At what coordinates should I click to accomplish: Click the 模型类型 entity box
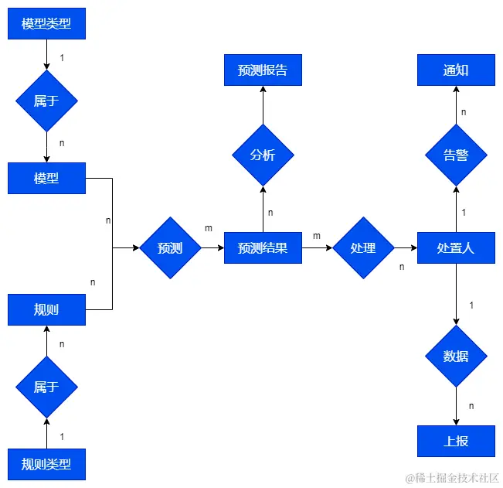(x=46, y=23)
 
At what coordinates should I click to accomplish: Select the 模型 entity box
(x=46, y=178)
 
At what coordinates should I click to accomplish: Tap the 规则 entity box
(x=46, y=309)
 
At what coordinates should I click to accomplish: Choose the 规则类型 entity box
(x=46, y=464)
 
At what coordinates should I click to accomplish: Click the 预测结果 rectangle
(x=263, y=247)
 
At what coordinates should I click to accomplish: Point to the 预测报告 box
(x=263, y=70)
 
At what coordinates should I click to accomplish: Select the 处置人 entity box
(x=456, y=247)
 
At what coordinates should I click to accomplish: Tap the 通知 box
(x=456, y=70)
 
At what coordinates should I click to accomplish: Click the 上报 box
(x=456, y=441)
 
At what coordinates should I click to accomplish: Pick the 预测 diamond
(x=170, y=247)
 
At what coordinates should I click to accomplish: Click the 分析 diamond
(x=263, y=155)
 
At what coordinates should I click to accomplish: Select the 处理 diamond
(x=363, y=247)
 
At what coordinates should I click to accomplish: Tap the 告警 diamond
(x=456, y=155)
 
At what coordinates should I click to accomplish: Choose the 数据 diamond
(x=456, y=356)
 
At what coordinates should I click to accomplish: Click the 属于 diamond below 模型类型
(x=46, y=101)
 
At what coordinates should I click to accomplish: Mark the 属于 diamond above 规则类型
(x=46, y=387)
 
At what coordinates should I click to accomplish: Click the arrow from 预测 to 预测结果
(x=212, y=247)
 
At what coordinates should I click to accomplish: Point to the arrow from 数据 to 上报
(x=456, y=406)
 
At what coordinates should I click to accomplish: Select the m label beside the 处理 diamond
(x=317, y=235)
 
